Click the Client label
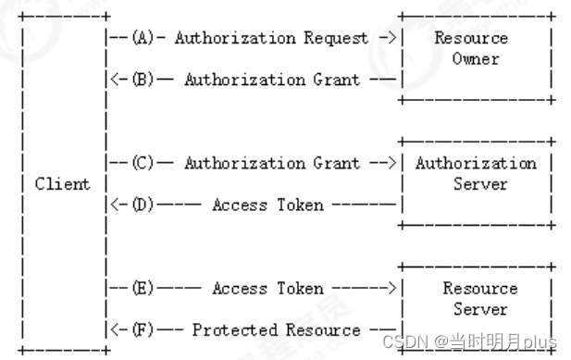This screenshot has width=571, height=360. tap(63, 183)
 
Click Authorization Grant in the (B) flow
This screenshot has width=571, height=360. tap(272, 80)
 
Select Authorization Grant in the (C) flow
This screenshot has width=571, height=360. tap(272, 164)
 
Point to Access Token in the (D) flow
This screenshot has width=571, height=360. tap(267, 205)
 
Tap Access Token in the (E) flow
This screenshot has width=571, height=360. tap(267, 289)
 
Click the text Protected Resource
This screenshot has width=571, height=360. tap(277, 329)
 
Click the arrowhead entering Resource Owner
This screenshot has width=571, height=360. tap(392, 38)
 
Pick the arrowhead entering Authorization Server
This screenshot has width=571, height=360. tap(392, 164)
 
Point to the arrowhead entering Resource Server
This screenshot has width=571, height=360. tap(392, 289)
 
